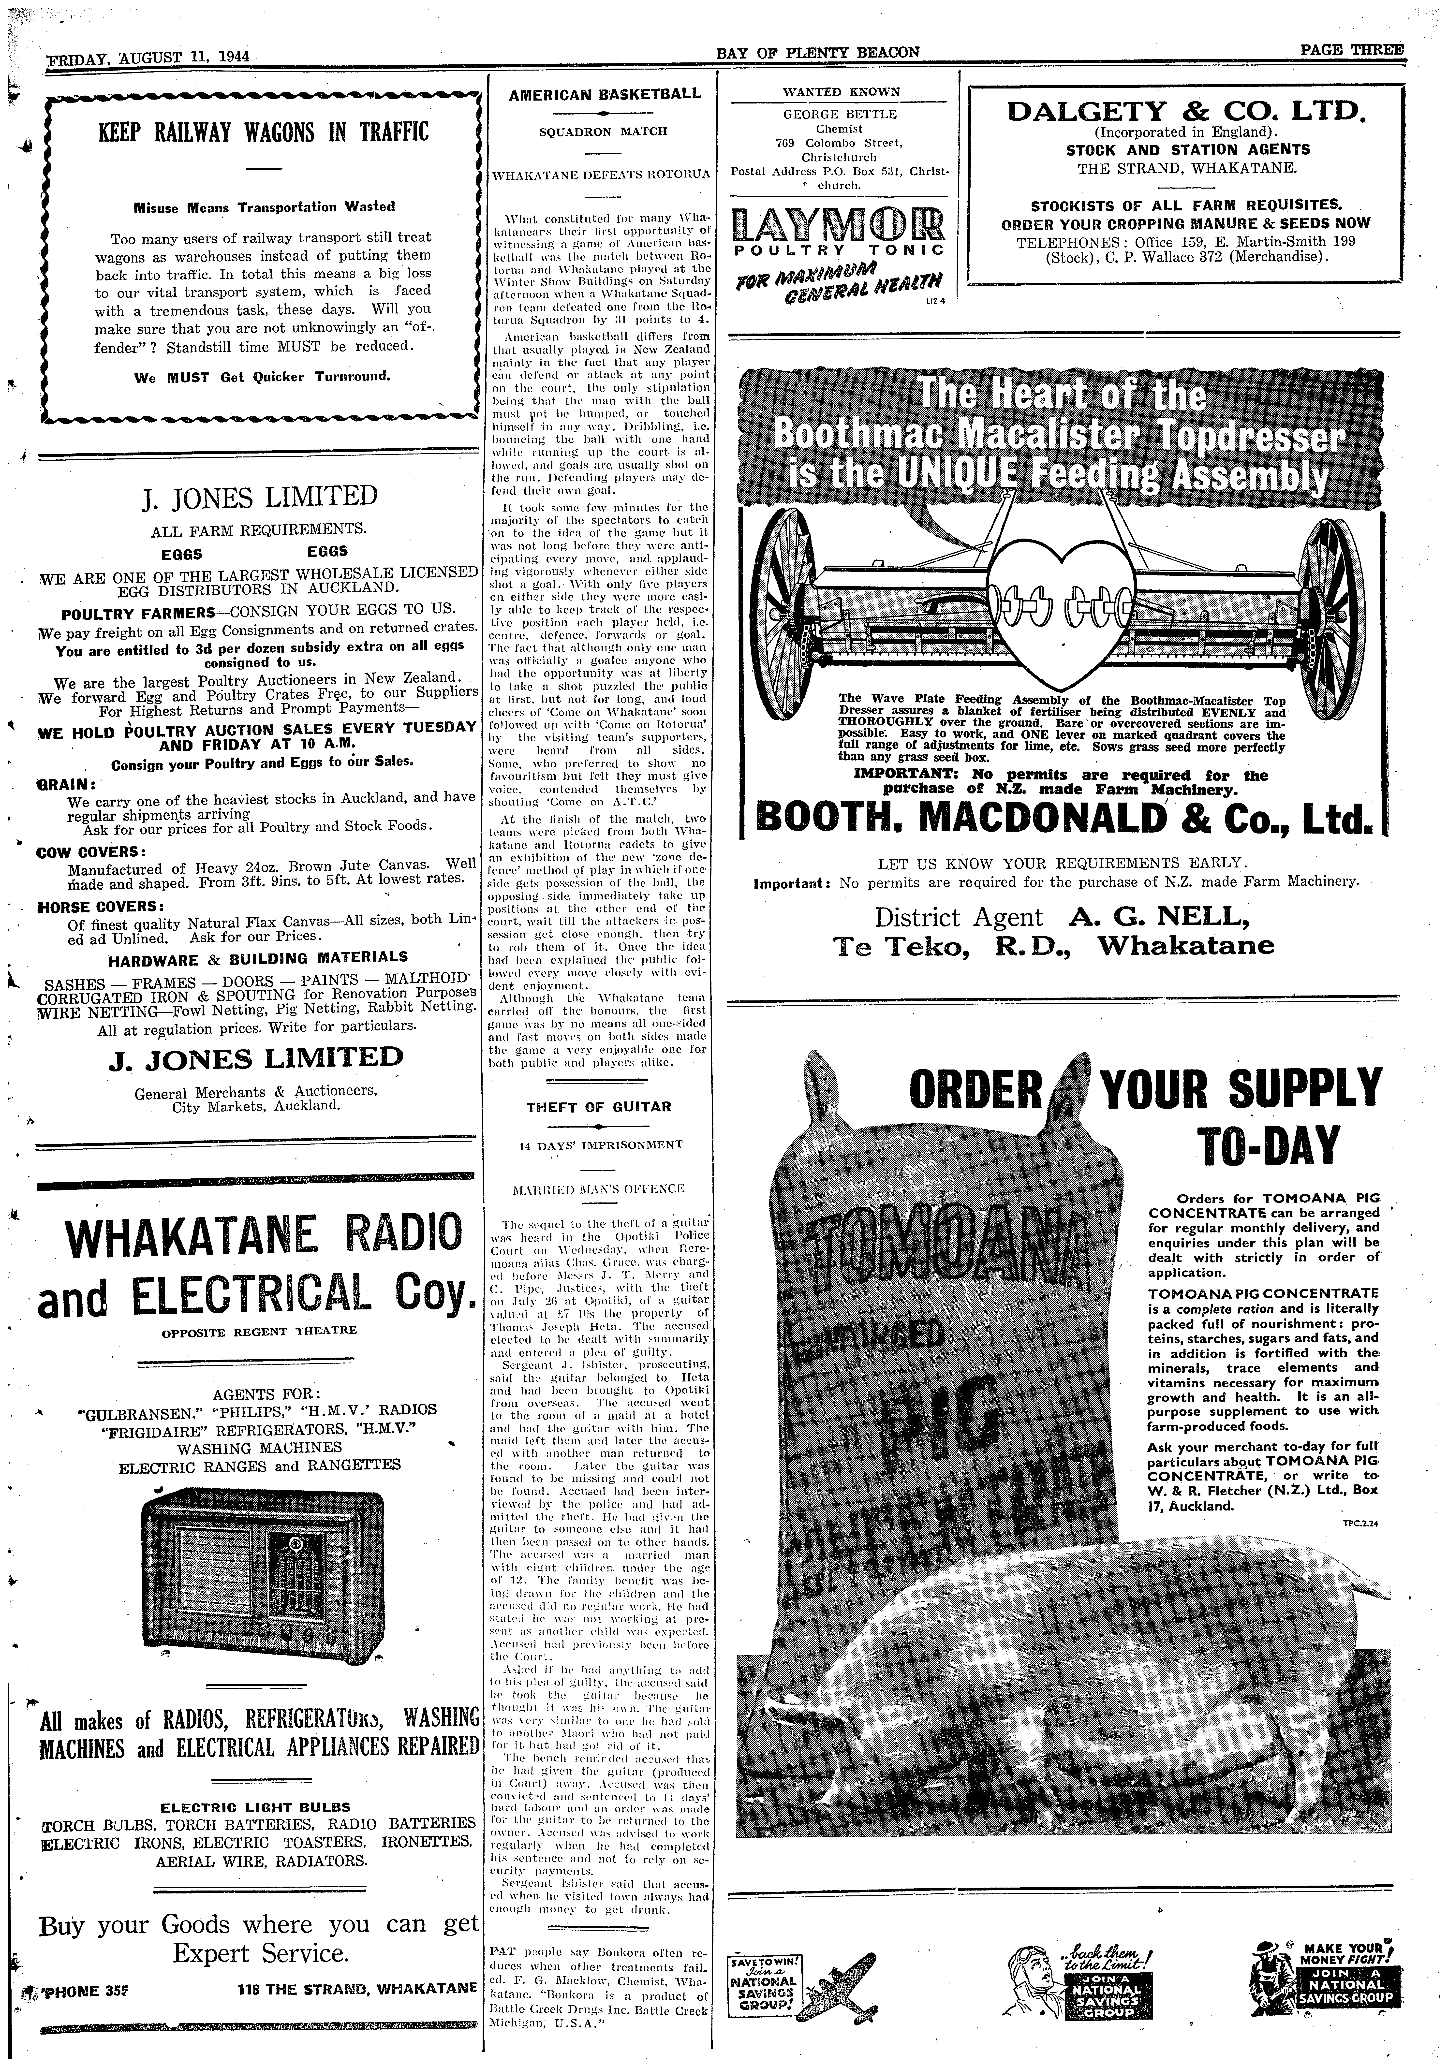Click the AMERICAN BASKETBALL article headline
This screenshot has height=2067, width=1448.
click(605, 94)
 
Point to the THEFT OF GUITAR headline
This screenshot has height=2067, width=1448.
click(599, 1106)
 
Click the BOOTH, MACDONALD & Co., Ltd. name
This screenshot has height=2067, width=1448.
click(1063, 818)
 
